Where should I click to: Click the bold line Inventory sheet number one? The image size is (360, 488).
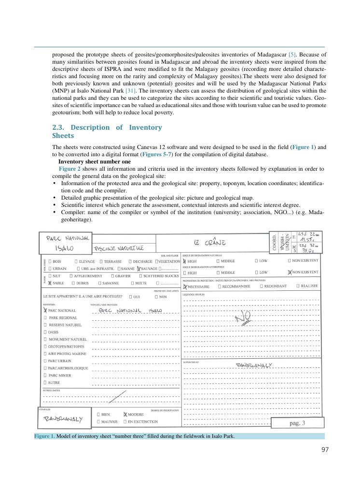point(95,162)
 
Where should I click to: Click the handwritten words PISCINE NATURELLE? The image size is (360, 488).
point(119,248)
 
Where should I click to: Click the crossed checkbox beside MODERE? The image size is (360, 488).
point(125,414)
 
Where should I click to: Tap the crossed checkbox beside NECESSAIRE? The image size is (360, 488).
point(185,286)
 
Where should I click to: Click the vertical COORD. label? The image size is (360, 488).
point(275,241)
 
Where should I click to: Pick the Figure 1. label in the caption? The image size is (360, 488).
point(44,436)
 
